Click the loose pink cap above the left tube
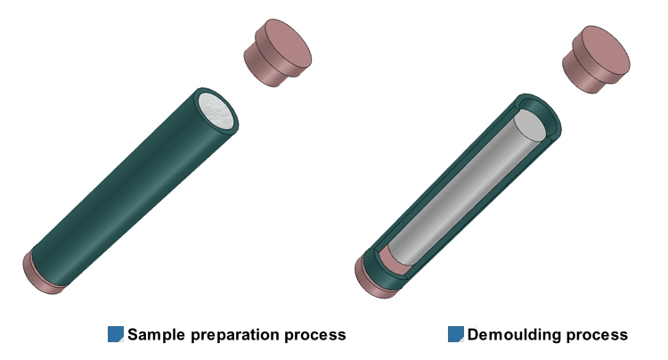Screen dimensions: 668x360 coord(277,52)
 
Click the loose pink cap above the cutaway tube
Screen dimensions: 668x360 coord(596,59)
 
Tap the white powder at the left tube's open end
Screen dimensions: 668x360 coord(216,111)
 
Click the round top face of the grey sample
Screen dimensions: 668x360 coord(529,126)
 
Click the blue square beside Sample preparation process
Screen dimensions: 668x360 coord(116,334)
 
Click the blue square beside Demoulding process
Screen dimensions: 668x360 coord(455,334)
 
